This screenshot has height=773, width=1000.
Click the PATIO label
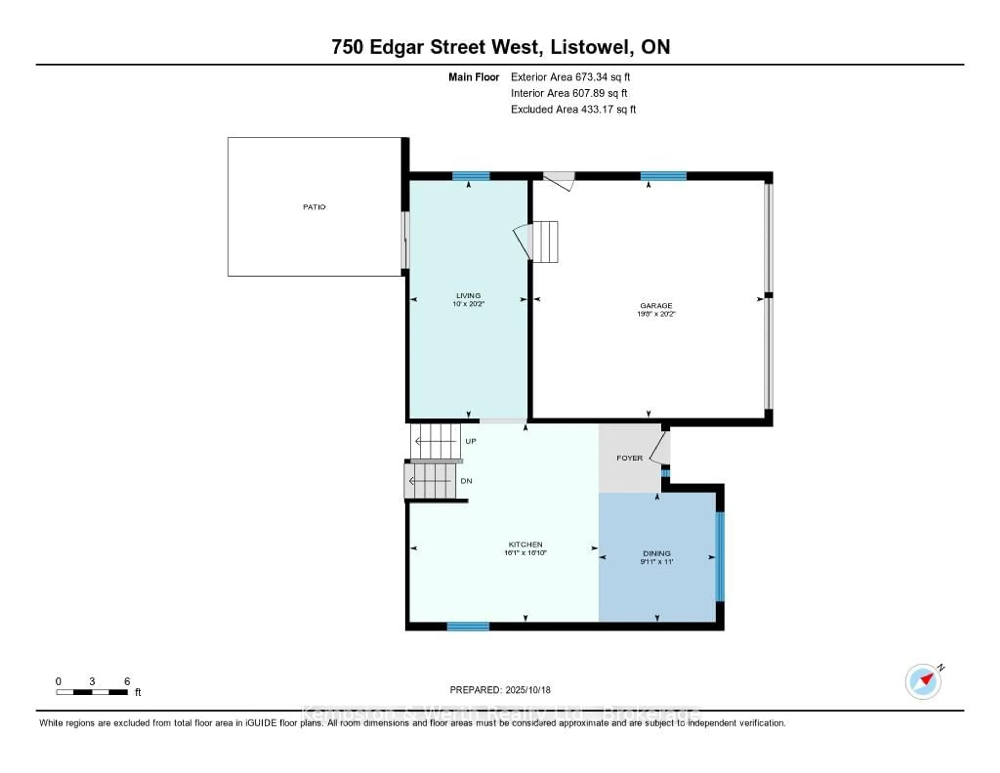click(x=314, y=207)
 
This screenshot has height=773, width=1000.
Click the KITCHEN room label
click(x=525, y=544)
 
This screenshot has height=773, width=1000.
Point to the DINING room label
click(x=656, y=554)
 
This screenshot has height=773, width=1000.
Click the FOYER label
click(x=630, y=458)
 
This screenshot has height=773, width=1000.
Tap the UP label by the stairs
click(x=471, y=441)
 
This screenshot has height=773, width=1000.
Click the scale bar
click(x=92, y=692)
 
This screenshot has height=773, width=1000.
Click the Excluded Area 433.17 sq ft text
click(x=573, y=109)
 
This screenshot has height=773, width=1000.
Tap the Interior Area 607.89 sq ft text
click(x=569, y=93)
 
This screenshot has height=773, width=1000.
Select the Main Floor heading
click(x=473, y=77)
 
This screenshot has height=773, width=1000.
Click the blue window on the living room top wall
click(x=471, y=176)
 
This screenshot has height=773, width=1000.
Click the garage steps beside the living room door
click(x=545, y=242)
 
